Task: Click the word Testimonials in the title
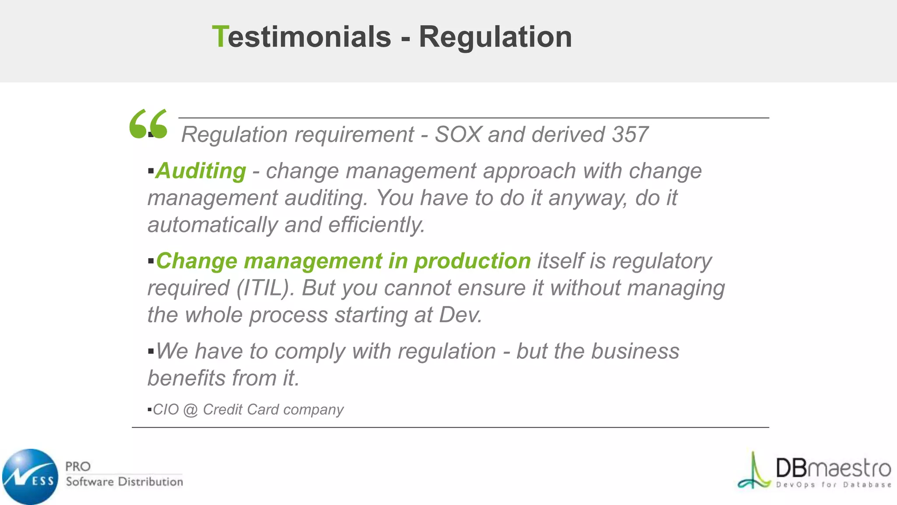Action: point(301,37)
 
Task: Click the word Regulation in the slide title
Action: point(495,37)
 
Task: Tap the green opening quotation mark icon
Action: point(148,124)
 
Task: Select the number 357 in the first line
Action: point(630,135)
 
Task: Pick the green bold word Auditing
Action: point(201,171)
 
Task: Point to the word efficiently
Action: point(377,225)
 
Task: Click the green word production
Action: point(473,261)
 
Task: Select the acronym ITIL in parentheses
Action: point(265,288)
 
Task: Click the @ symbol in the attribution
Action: point(191,410)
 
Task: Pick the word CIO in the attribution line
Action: point(166,410)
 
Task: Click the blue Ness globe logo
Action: point(30,477)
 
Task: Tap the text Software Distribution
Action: point(124,482)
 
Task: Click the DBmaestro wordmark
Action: point(833,468)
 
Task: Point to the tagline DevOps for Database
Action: point(833,485)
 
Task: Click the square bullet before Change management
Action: point(151,262)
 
